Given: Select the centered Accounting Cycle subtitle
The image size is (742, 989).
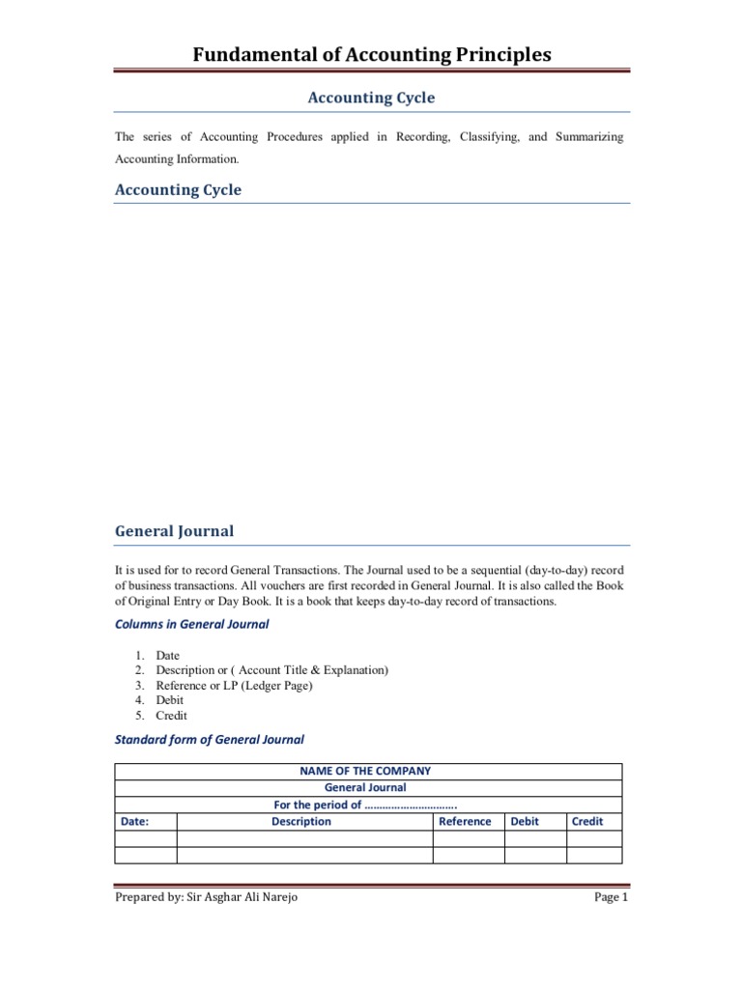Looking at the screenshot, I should tap(371, 98).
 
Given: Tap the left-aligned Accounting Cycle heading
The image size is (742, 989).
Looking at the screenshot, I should tap(178, 189).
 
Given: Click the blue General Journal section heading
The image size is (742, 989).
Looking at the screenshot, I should tap(174, 531).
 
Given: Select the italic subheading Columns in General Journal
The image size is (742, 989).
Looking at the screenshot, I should tap(191, 624).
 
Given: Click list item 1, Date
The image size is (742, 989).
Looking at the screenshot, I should tap(167, 656).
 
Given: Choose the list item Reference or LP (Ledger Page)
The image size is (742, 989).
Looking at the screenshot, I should tap(234, 686).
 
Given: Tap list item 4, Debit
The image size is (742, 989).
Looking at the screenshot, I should tap(169, 700).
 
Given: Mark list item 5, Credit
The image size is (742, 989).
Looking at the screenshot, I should tap(171, 716).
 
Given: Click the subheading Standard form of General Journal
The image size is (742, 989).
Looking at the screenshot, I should tap(209, 740).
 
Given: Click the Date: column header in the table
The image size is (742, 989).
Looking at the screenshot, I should tap(134, 822).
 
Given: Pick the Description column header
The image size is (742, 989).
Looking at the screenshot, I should tap(300, 822).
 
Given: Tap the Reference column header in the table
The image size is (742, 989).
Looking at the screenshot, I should tap(465, 822).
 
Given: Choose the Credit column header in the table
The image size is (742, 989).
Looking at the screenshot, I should tap(587, 822).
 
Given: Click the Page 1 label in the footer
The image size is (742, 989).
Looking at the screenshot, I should tap(611, 897).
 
